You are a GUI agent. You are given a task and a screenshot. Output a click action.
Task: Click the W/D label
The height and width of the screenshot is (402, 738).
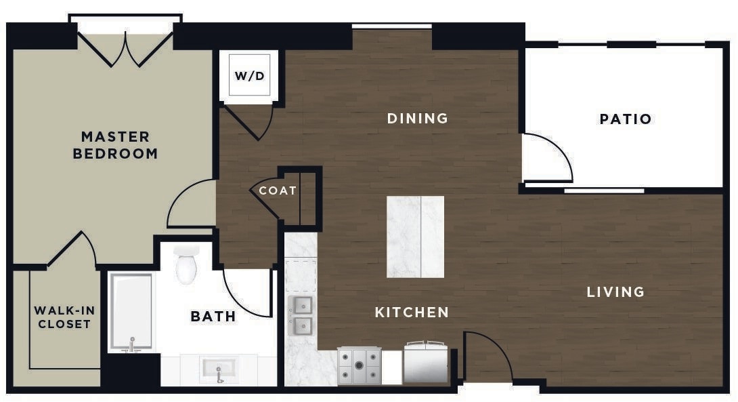[249, 75]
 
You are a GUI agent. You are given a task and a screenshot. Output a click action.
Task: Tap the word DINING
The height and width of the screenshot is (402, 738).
[418, 118]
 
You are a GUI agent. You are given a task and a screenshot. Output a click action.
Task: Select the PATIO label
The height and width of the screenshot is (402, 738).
[626, 119]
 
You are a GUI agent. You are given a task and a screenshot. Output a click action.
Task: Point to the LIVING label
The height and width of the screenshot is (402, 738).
[615, 292]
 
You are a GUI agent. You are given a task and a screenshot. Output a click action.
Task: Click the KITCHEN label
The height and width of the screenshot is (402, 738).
[412, 312]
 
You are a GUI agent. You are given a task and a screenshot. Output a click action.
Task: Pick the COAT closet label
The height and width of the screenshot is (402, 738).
[278, 190]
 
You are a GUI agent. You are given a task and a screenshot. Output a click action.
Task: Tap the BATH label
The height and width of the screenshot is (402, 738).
[213, 316]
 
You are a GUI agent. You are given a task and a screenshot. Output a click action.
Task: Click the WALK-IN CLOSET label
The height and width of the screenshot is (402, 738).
[64, 317]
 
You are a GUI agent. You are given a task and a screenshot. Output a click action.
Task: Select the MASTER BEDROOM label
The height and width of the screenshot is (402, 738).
[115, 145]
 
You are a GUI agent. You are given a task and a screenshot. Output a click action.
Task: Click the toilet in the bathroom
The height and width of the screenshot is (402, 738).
[186, 264]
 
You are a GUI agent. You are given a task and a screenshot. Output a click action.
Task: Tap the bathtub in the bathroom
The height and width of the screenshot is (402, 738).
[131, 312]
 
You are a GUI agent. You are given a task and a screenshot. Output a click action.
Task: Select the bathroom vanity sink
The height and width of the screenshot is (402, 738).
[219, 370]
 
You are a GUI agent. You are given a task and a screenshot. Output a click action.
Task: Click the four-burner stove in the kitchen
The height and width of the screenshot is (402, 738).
[360, 366]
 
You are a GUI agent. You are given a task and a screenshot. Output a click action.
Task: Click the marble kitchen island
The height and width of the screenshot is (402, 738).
[415, 237]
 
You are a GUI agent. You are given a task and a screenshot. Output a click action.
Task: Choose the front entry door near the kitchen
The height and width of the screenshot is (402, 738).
[485, 355]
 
